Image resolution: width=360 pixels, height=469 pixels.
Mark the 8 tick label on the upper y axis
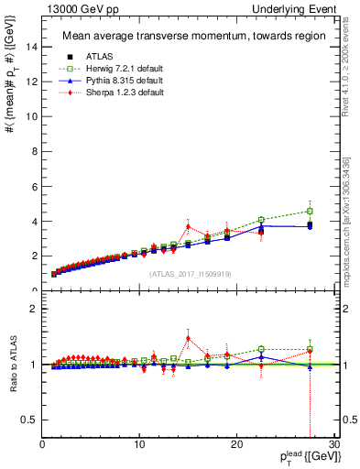(33, 151)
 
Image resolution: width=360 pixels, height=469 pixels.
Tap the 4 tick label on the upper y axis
(33, 221)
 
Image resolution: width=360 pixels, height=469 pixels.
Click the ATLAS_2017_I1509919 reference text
(189, 274)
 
